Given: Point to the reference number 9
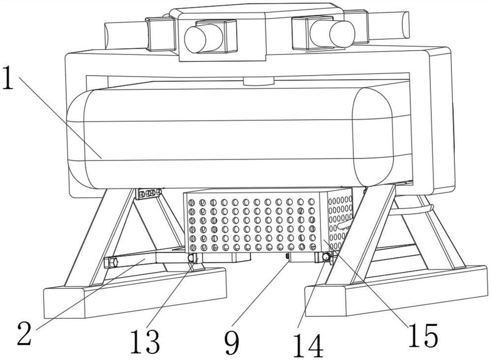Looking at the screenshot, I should [231, 342].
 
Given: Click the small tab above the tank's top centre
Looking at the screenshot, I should [258, 81].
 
